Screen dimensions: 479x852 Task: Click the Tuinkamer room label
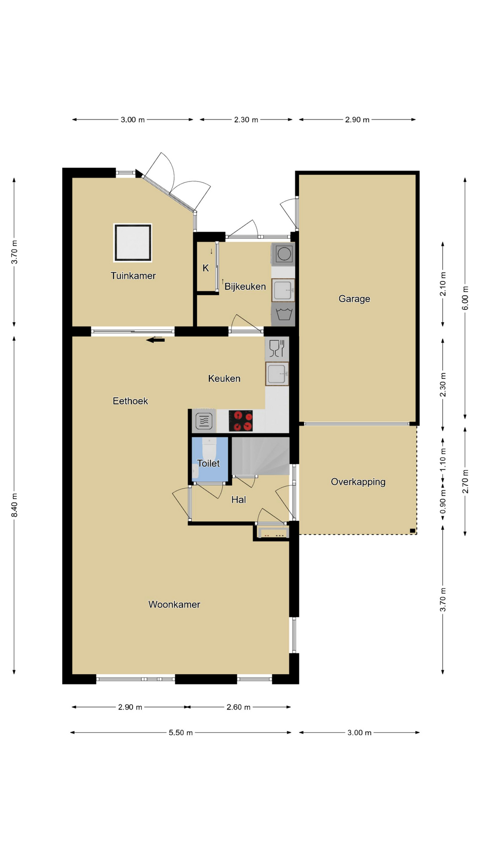click(133, 276)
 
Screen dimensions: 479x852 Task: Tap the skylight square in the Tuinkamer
click(133, 243)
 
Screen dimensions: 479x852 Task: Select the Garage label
click(354, 299)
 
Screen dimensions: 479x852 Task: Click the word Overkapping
click(358, 482)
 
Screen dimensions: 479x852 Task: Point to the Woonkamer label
click(174, 604)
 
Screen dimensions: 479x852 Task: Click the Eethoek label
click(130, 401)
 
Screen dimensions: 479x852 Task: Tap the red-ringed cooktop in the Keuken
click(241, 421)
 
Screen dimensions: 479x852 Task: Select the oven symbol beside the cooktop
click(204, 421)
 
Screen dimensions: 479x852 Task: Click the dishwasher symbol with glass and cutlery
click(277, 348)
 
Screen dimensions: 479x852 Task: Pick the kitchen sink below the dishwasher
click(277, 374)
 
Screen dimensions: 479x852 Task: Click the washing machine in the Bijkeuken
click(283, 254)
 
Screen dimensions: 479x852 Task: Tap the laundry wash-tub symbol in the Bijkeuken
click(283, 314)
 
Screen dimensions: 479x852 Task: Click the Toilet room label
click(208, 463)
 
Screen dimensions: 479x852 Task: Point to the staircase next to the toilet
click(261, 456)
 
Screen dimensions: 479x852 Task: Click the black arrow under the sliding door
click(155, 340)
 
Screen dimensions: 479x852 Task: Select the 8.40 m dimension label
click(15, 505)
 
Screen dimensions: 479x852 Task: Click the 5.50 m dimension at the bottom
click(181, 733)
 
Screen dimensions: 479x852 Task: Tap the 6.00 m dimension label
click(465, 298)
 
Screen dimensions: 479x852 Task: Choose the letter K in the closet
click(206, 268)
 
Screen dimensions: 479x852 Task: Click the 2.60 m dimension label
click(239, 707)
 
